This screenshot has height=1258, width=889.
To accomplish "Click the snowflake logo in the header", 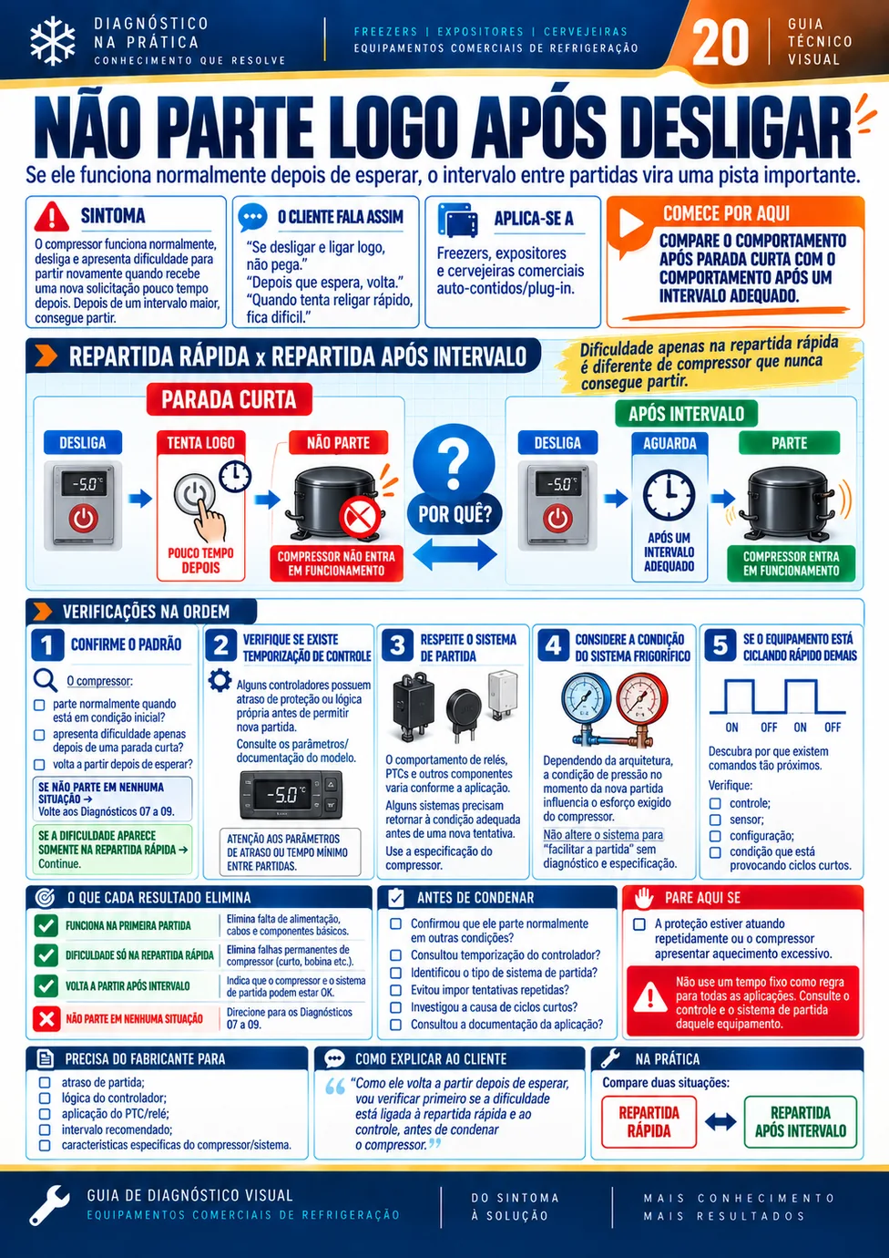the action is tap(53, 40).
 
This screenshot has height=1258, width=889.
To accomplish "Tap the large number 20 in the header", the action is tap(720, 42).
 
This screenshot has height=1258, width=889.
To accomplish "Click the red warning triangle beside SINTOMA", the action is tap(52, 217).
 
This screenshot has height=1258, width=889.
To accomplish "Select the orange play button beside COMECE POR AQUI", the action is tap(631, 223).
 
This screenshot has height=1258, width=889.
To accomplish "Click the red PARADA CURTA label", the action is tap(229, 399).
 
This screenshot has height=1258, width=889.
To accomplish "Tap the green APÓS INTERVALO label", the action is tap(686, 414).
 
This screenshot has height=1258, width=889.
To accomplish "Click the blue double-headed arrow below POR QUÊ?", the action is tap(455, 554).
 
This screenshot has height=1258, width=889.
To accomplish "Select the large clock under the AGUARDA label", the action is tap(669, 495).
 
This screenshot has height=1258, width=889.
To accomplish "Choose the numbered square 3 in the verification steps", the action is tap(397, 645).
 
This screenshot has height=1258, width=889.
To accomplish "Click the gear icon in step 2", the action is tap(220, 680).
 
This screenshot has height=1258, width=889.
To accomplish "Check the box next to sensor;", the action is tap(715, 820).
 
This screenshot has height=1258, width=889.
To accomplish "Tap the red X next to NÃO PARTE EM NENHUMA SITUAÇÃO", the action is tap(46, 1018).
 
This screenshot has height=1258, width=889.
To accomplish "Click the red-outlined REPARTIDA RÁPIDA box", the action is tap(649, 1122).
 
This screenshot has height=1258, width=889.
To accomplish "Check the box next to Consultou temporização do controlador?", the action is tap(395, 954).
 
